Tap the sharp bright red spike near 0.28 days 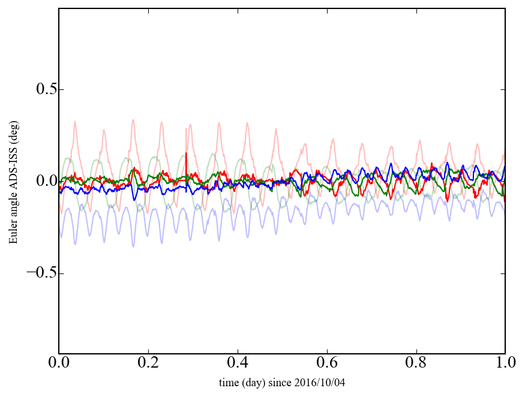point(187,154)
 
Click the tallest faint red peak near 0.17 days point(133,120)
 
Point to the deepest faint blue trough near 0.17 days point(133,246)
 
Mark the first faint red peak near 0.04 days point(75,122)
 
